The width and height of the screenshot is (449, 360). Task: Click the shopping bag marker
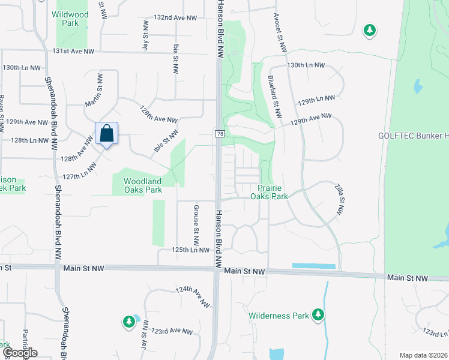click(x=106, y=134)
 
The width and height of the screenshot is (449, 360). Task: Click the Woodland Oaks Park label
click(x=143, y=185)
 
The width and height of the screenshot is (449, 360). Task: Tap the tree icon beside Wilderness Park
click(x=318, y=314)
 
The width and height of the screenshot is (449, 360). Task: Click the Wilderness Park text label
click(x=279, y=316)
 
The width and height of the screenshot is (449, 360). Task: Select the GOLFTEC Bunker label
click(x=413, y=136)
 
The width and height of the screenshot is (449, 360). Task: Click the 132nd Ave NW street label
click(x=175, y=18)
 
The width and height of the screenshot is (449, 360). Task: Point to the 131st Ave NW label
click(x=74, y=52)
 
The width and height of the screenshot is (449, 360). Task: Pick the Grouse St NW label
click(x=196, y=226)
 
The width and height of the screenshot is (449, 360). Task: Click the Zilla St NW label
click(x=339, y=201)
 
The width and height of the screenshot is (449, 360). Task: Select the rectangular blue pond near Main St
click(x=313, y=266)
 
